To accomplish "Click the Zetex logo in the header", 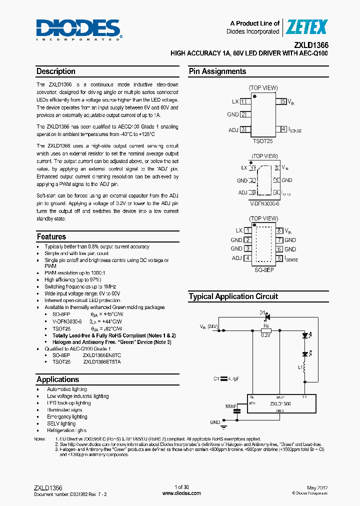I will (x=305, y=27).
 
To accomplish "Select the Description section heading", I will (x=56, y=71).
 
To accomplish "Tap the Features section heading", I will (x=51, y=236).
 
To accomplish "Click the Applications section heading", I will (x=58, y=379).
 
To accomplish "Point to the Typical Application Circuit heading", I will (x=233, y=296).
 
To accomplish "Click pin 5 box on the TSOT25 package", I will (x=283, y=101).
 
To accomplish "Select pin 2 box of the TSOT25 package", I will (x=243, y=114).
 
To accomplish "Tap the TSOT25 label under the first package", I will (x=263, y=141).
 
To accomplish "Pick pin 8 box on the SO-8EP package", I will (x=280, y=230).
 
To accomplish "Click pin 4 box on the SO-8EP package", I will (x=247, y=258).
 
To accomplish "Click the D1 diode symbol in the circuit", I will (x=266, y=317).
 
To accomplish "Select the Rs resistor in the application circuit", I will (x=266, y=331).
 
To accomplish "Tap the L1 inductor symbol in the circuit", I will (x=316, y=369).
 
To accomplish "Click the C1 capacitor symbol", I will (x=224, y=379).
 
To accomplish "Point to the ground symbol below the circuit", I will (x=223, y=426).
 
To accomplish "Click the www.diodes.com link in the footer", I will (x=181, y=493).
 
